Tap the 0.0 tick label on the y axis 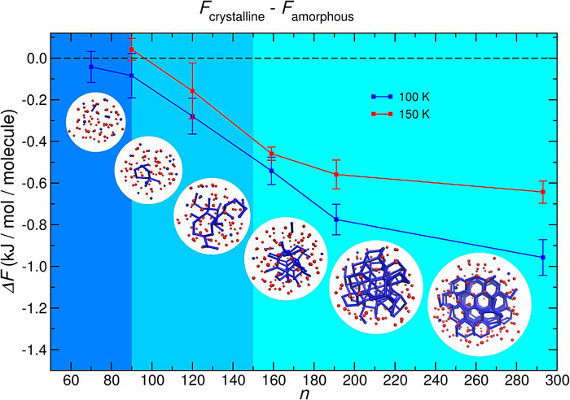[x=36, y=59]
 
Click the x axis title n [x=304, y=393]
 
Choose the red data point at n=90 [x=132, y=50]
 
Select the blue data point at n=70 [x=91, y=67]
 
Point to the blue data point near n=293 [x=542, y=258]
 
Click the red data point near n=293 [x=542, y=192]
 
